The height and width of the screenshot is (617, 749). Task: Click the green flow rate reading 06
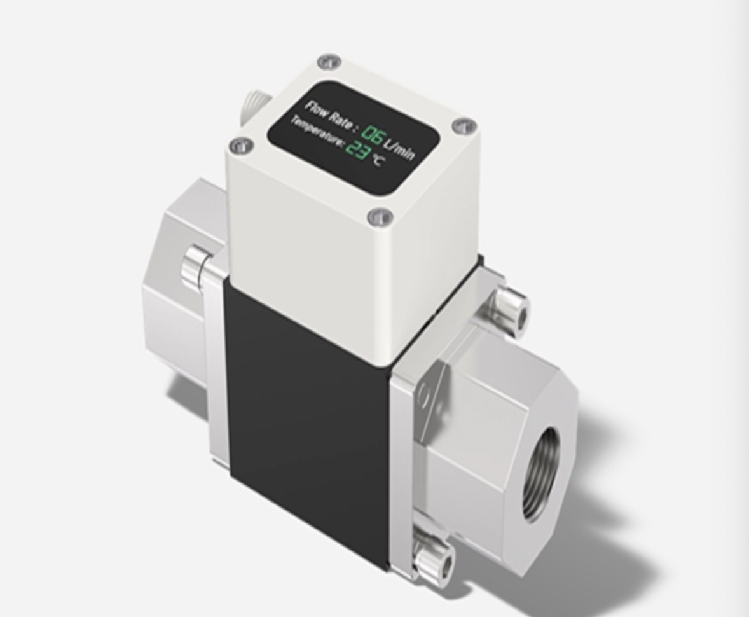[x=371, y=134]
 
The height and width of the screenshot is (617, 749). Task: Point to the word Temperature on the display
[x=317, y=130]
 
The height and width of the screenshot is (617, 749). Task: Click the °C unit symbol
[x=377, y=160]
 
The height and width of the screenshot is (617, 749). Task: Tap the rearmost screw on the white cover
[x=329, y=62]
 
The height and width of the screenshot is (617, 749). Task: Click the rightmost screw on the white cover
[x=464, y=126]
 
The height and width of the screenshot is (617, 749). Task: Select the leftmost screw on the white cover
[x=241, y=145]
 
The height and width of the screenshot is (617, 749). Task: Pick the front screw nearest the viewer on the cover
[x=380, y=216]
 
